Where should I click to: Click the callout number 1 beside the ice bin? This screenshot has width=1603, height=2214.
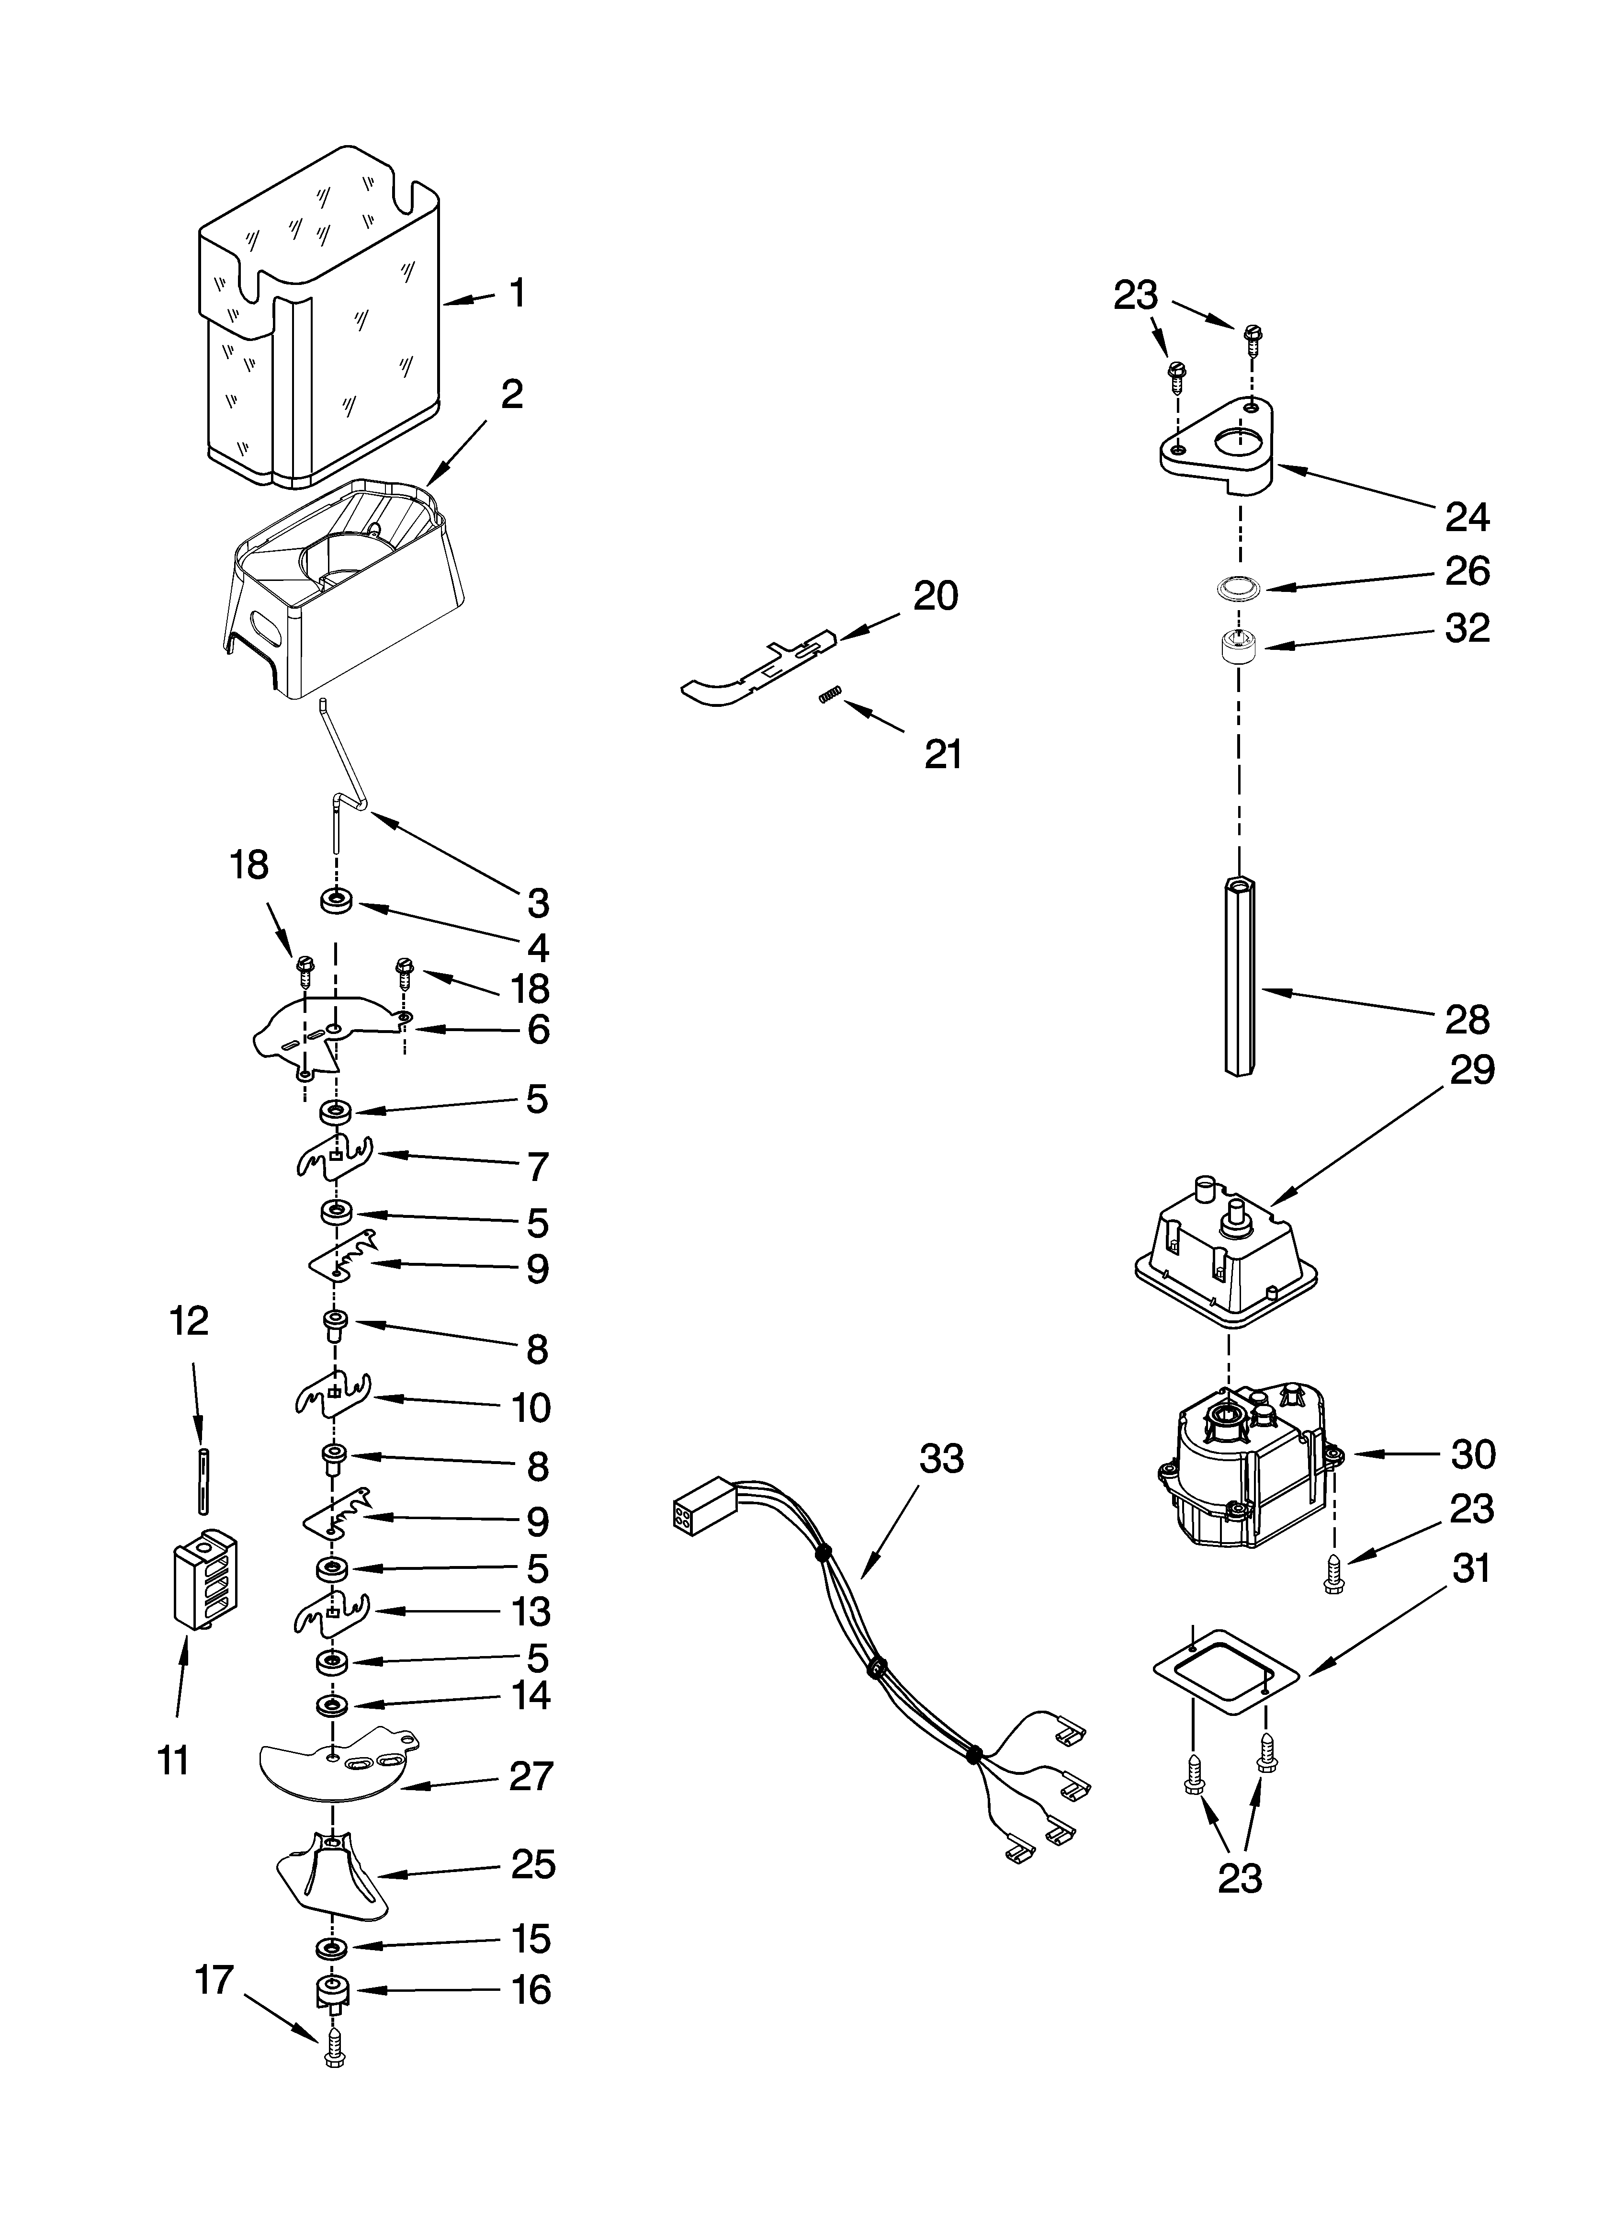pos(518,293)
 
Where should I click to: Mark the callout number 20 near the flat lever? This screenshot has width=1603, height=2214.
pos(935,595)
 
